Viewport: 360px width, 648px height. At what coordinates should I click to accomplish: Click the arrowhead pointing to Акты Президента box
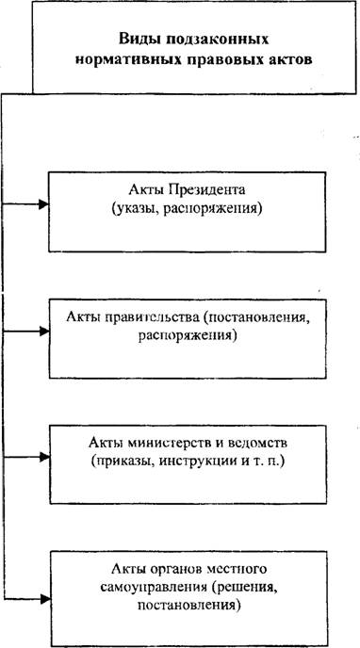(x=43, y=203)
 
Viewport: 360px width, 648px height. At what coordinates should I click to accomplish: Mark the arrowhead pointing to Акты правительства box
(x=43, y=331)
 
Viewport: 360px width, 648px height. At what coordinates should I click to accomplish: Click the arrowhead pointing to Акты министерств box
(x=43, y=458)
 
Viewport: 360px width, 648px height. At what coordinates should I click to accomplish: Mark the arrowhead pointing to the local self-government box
(x=44, y=598)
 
